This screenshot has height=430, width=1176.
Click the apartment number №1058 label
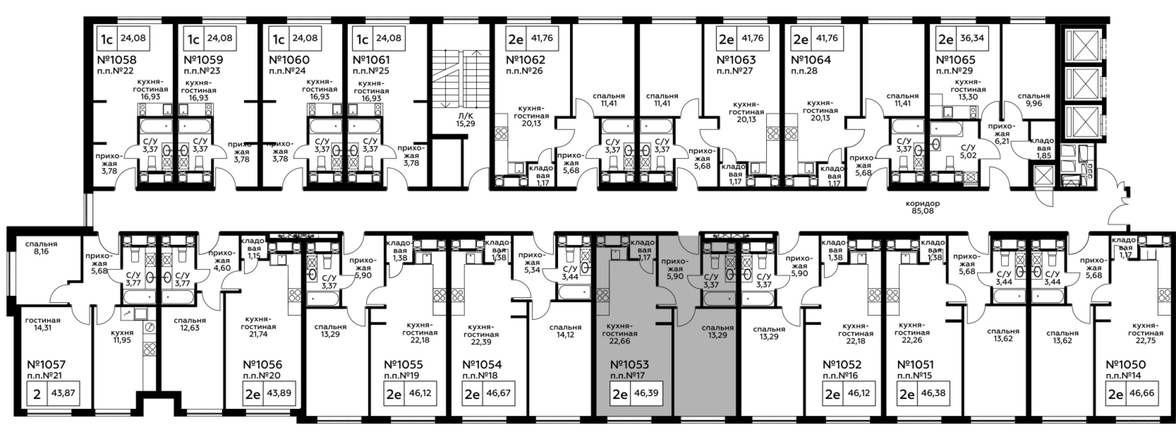(x=117, y=60)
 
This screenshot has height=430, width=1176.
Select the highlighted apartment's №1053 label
(x=629, y=365)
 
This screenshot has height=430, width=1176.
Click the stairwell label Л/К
(x=465, y=116)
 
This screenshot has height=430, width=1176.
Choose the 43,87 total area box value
(x=64, y=393)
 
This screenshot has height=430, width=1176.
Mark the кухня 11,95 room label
(x=122, y=336)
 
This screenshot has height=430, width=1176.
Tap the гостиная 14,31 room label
(x=43, y=324)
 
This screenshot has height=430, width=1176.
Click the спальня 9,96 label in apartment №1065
(x=1034, y=100)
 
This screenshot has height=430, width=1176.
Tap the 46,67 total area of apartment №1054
(x=498, y=393)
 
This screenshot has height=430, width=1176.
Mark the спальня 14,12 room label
(x=565, y=331)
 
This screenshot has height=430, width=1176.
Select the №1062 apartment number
(x=525, y=60)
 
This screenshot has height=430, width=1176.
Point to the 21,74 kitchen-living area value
(x=258, y=334)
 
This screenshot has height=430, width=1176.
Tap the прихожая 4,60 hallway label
(x=222, y=261)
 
